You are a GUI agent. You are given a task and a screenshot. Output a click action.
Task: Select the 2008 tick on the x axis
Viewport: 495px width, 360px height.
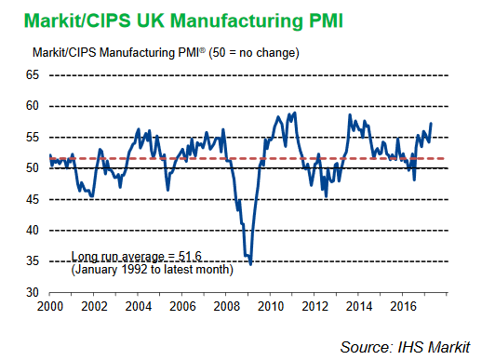click(x=225, y=305)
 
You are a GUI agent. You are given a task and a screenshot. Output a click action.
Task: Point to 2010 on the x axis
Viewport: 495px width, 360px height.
click(x=270, y=305)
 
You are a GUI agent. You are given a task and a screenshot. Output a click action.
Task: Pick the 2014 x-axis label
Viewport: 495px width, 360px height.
click(x=358, y=305)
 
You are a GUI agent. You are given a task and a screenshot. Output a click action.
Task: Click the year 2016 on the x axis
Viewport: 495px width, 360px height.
click(x=402, y=305)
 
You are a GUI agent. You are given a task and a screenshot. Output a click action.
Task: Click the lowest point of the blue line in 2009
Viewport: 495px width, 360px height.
click(x=250, y=265)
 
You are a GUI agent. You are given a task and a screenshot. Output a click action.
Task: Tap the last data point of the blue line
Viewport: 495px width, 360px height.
click(x=431, y=124)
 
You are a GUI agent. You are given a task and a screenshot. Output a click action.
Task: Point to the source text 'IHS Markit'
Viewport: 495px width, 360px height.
click(x=443, y=346)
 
